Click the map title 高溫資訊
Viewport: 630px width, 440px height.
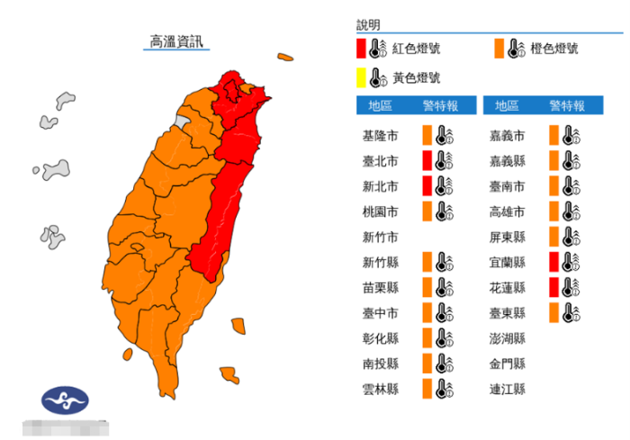click(x=176, y=41)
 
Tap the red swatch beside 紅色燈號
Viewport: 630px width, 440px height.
click(x=360, y=49)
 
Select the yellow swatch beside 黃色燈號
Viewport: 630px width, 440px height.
click(x=360, y=78)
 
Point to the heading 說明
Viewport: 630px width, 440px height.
click(x=368, y=24)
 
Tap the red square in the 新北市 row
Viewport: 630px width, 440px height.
click(x=427, y=186)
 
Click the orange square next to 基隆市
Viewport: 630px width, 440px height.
click(x=427, y=135)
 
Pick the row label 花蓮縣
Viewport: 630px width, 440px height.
click(x=507, y=288)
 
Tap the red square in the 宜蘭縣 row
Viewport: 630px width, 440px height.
click(x=553, y=262)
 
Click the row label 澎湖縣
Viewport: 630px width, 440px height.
click(x=507, y=338)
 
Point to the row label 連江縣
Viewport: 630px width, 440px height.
click(x=507, y=390)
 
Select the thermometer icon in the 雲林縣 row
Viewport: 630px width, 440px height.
click(x=443, y=390)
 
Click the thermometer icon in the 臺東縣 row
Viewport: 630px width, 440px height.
click(x=569, y=313)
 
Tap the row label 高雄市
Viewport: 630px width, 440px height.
click(x=507, y=211)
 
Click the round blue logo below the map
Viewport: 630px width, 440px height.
click(x=65, y=400)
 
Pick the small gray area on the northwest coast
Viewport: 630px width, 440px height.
click(x=183, y=121)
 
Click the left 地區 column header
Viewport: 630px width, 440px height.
click(x=380, y=106)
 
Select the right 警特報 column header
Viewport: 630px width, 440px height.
click(x=567, y=106)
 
